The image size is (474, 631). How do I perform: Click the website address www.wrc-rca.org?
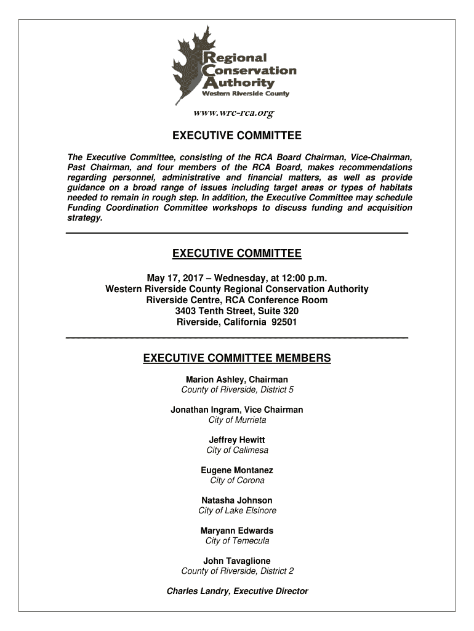point(233,113)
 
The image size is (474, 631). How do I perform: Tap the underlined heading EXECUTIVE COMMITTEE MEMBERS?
point(237,358)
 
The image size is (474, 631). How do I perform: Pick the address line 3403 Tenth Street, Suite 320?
point(237,311)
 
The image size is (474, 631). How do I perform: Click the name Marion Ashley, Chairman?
point(237,380)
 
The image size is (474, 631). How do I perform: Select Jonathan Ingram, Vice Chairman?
point(237,410)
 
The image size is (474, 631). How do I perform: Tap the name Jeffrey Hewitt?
point(237,440)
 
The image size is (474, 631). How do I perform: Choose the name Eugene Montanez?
point(237,470)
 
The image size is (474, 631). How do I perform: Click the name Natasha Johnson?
point(237,500)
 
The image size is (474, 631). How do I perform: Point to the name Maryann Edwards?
point(237,531)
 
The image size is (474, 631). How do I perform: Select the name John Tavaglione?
point(237,561)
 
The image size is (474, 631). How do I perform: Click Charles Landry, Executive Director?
point(237,591)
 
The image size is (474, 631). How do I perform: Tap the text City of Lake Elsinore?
point(237,510)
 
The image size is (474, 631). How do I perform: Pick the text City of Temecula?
point(237,541)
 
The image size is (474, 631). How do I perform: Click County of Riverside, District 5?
point(237,389)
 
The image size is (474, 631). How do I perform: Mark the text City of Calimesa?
point(237,450)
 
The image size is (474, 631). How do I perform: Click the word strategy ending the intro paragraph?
point(84,218)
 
